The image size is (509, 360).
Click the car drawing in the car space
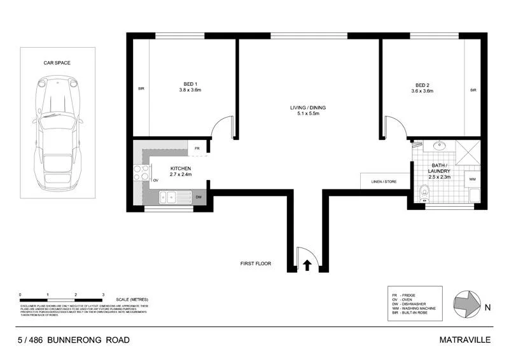point(57,137)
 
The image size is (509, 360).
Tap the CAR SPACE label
point(57,64)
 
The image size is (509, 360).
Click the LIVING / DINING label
point(308,111)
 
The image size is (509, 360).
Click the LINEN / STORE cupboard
point(384,182)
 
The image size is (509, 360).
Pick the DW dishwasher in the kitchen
point(199,198)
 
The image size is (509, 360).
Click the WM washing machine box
point(472,180)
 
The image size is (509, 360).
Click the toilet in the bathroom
point(425,190)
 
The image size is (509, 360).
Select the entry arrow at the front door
point(309,264)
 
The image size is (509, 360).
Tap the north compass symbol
point(468,303)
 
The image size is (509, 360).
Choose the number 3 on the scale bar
point(103,294)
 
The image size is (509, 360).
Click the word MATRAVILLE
point(464,340)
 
